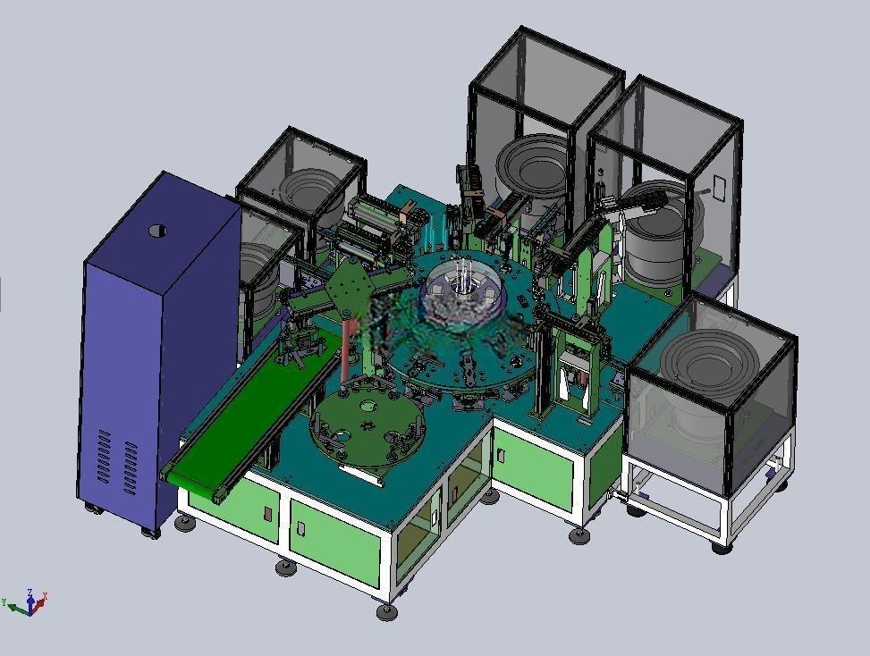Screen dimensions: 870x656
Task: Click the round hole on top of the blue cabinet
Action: click(x=158, y=230)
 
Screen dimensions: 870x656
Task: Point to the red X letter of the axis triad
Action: click(x=45, y=597)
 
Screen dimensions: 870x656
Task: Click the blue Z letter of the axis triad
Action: click(x=30, y=593)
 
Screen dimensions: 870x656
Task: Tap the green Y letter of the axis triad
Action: click(x=4, y=602)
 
